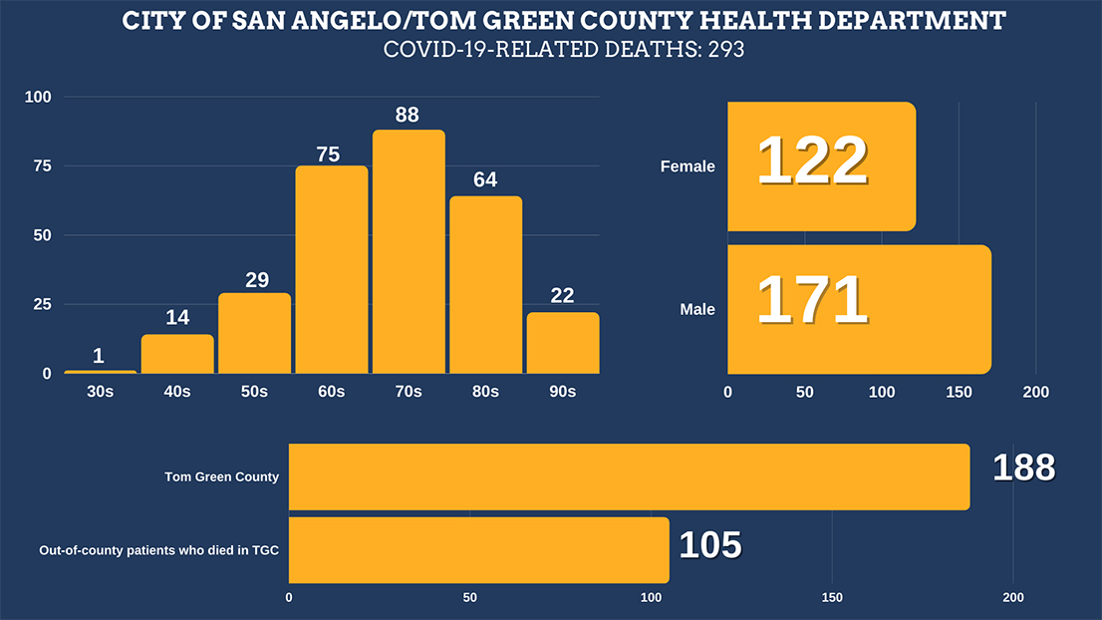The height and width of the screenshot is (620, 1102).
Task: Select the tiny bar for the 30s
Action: point(100,372)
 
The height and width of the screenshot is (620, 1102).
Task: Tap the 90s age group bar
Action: point(563,343)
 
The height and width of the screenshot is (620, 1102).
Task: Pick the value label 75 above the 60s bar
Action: point(329,155)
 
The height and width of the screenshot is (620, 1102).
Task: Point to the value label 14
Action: point(176,319)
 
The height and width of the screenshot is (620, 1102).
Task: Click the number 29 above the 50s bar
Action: point(257,280)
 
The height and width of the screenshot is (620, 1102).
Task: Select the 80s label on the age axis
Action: point(485,392)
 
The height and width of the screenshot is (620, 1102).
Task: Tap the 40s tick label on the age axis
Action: point(176,392)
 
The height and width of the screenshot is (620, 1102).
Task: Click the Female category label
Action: point(688,166)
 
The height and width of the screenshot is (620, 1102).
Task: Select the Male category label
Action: point(697,310)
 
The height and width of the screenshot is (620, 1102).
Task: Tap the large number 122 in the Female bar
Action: point(812,161)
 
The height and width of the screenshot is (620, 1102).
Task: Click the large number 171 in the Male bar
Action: point(812,301)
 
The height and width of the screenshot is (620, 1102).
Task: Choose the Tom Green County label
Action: point(221,476)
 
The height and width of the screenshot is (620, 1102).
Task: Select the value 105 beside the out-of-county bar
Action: point(709,545)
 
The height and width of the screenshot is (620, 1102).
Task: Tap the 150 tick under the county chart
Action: point(832,598)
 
